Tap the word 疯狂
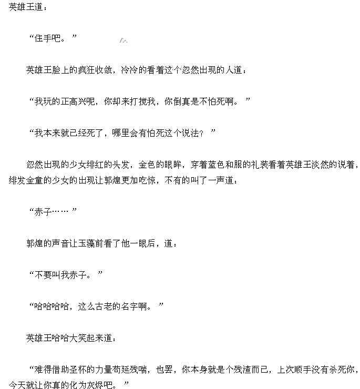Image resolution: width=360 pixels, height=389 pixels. click(86, 70)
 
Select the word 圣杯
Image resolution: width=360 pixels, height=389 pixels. click(86, 370)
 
